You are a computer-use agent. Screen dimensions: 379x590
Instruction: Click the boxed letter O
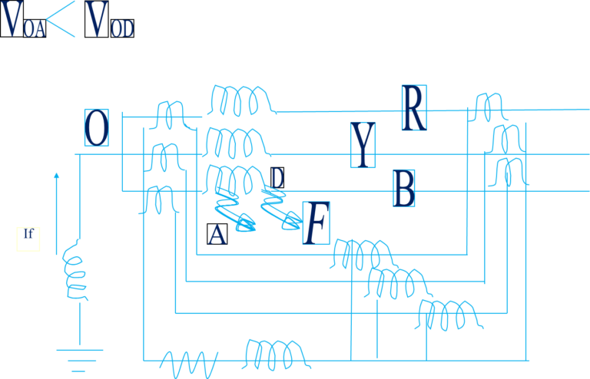[x=96, y=127]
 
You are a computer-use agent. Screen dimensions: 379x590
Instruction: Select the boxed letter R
[x=413, y=108]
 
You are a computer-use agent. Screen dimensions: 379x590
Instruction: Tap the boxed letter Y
[x=363, y=144]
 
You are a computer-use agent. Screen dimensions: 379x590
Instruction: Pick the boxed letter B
[x=404, y=188]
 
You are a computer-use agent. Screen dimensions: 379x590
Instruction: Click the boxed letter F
[x=315, y=223]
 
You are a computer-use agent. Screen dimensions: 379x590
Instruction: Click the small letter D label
[x=277, y=177]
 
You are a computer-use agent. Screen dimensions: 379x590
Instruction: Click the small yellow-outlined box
[x=28, y=239]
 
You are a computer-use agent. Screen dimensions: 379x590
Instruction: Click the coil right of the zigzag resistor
[x=275, y=354]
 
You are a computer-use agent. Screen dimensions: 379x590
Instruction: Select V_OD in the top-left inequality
[x=110, y=21]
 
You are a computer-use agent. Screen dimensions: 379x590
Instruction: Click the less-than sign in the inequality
[x=66, y=21]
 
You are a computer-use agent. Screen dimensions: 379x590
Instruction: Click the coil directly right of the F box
[x=361, y=253]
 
